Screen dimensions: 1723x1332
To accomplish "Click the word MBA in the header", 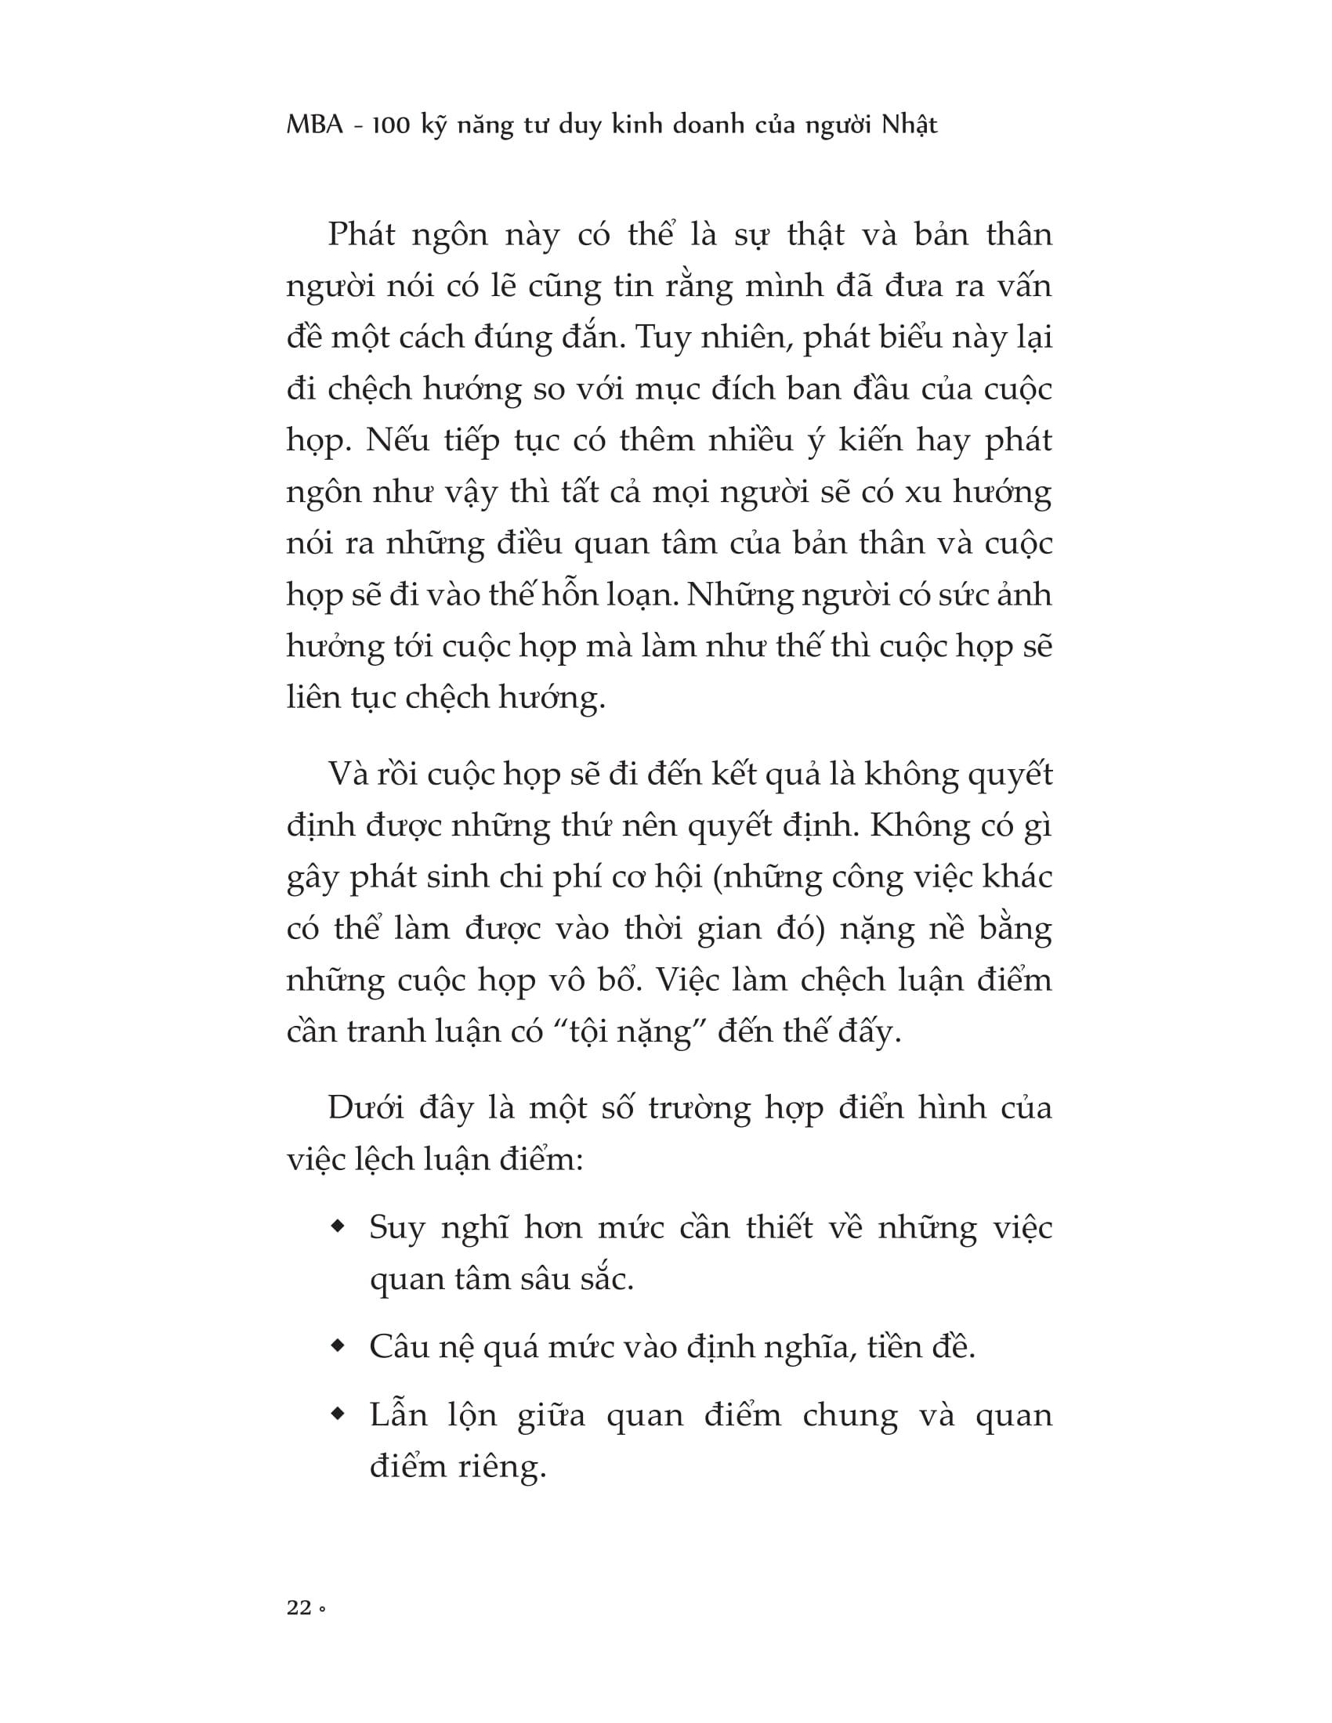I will pos(316,125).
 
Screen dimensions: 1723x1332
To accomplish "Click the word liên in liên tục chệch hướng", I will pos(313,696).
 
